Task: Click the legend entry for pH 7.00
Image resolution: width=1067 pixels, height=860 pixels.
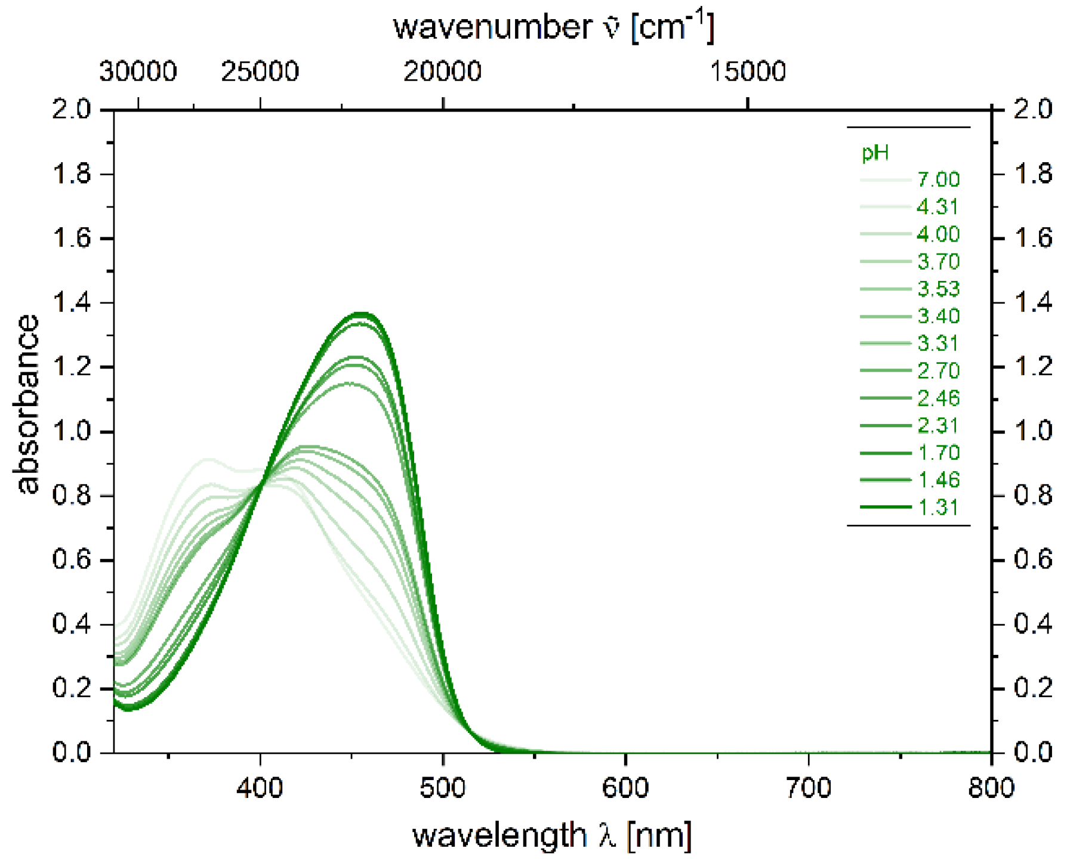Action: point(938,180)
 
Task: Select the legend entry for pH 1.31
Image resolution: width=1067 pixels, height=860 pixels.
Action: point(938,508)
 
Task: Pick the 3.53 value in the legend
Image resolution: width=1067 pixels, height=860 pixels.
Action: point(938,289)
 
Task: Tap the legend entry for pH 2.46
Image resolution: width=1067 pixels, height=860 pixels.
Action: point(938,398)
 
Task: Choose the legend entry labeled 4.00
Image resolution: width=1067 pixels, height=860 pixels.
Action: point(938,234)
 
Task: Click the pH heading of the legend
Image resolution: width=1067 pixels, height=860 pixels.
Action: point(875,153)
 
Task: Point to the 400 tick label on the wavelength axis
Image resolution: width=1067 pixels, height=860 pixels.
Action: point(260,788)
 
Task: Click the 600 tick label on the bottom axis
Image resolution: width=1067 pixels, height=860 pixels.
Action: point(625,788)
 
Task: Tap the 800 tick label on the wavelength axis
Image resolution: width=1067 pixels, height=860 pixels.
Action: point(991,788)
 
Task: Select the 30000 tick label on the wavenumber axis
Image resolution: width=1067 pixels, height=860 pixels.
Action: point(138,72)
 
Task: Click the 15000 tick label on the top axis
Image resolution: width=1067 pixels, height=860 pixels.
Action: point(747,72)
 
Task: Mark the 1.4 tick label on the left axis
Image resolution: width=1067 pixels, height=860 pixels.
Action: point(72,303)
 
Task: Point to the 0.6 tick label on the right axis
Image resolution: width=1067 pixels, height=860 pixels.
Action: point(1032,559)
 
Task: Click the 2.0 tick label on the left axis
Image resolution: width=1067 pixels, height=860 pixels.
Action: point(72,110)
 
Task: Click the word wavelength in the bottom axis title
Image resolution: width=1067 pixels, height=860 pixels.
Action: point(499,835)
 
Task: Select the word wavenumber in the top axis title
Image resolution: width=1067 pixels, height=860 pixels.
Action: point(492,27)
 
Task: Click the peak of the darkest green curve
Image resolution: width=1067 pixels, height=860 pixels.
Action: point(361,313)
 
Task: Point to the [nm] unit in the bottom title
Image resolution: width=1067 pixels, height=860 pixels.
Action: point(659,835)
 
